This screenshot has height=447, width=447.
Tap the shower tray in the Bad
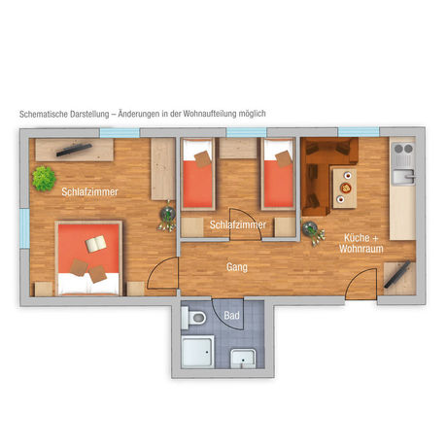click(x=197, y=356)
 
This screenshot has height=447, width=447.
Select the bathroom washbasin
click(x=244, y=358)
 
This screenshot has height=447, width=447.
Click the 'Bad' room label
click(x=231, y=316)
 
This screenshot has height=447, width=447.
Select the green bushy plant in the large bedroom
click(x=43, y=178)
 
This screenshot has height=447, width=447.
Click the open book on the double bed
click(x=98, y=244)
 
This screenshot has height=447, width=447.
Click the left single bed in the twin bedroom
click(x=197, y=175)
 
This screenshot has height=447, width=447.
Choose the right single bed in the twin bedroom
click(x=277, y=175)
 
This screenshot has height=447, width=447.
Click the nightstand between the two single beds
click(x=237, y=149)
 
